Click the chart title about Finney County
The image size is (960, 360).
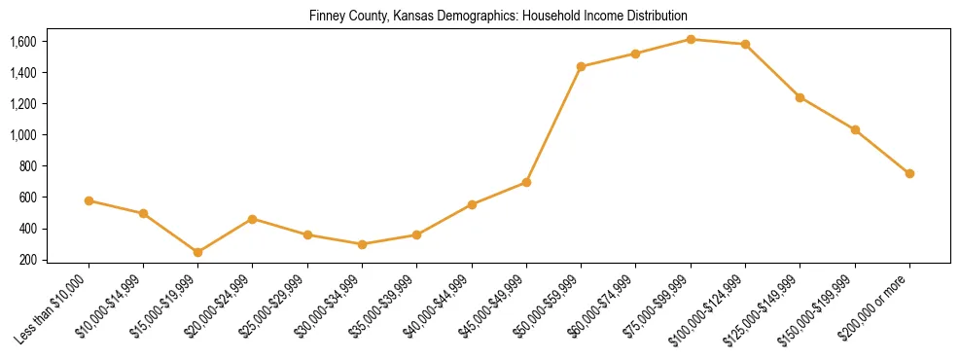tap(498, 16)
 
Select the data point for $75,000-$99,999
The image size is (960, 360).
tap(691, 39)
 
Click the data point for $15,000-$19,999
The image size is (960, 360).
tap(198, 252)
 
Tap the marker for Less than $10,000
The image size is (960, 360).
tap(89, 200)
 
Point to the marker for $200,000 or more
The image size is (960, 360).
tap(909, 173)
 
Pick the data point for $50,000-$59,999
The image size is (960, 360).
tap(581, 66)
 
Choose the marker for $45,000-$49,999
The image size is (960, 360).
tap(526, 182)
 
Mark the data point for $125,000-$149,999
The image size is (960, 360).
tap(800, 97)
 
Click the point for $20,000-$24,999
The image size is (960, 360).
tap(253, 219)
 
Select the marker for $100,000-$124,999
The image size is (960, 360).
tap(745, 44)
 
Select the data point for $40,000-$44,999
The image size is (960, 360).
tap(472, 204)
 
